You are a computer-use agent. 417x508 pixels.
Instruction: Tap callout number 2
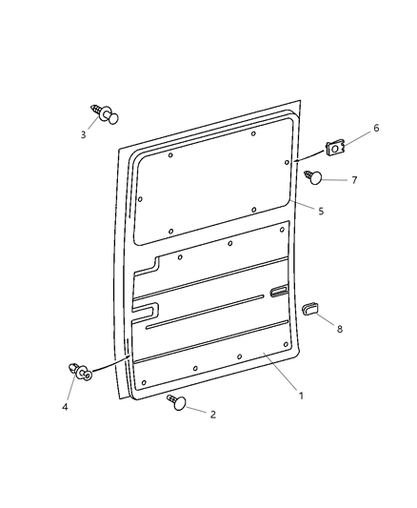click(x=213, y=415)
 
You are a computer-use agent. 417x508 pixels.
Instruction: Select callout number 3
click(x=83, y=134)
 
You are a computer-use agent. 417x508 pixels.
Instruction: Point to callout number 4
click(x=66, y=408)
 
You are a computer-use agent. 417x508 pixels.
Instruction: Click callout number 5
click(x=321, y=211)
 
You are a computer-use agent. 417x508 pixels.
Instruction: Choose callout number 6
click(x=375, y=128)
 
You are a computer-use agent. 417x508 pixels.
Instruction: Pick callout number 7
click(x=353, y=179)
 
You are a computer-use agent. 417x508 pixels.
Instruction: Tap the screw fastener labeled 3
click(x=105, y=115)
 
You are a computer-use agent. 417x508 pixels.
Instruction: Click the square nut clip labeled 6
click(x=333, y=148)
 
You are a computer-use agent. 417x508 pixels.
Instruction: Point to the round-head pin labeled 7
click(x=318, y=176)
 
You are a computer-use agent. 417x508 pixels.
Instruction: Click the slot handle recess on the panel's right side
click(x=279, y=290)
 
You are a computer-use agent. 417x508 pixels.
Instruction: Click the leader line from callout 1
click(x=281, y=372)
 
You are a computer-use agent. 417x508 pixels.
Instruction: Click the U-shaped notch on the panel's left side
click(x=148, y=309)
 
